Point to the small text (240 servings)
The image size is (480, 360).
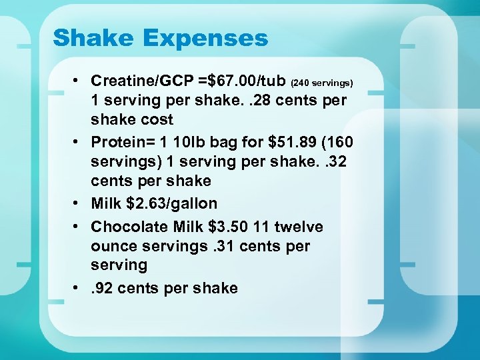coord(322,83)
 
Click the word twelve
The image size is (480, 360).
coord(299,227)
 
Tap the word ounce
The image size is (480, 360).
coord(113,246)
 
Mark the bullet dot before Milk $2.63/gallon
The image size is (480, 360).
coord(77,203)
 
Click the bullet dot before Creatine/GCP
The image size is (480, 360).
coord(77,81)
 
